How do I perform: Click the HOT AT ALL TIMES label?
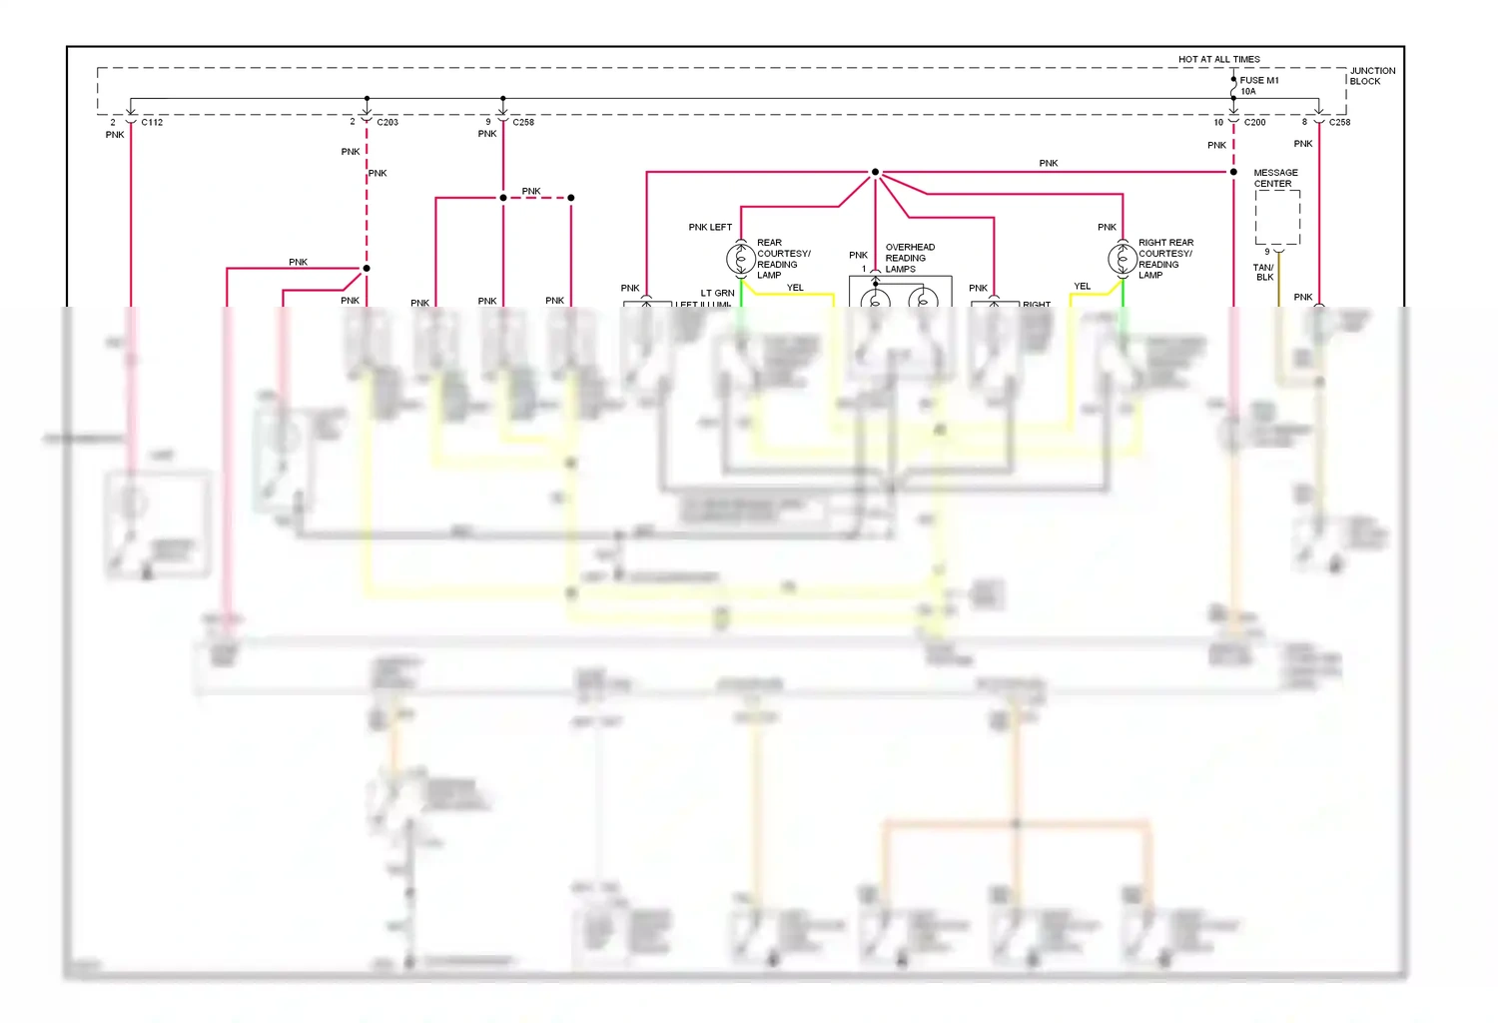pyautogui.click(x=1218, y=59)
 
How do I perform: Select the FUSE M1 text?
pyautogui.click(x=1258, y=80)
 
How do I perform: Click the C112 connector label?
pyautogui.click(x=152, y=122)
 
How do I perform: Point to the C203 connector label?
pyautogui.click(x=387, y=122)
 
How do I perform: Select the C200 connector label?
pyautogui.click(x=1254, y=122)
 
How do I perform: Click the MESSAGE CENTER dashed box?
pyautogui.click(x=1277, y=218)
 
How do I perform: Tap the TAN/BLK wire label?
pyautogui.click(x=1263, y=272)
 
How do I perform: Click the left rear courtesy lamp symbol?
pyautogui.click(x=740, y=259)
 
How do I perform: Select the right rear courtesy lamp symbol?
pyautogui.click(x=1122, y=259)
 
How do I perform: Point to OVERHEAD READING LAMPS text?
pyautogui.click(x=909, y=258)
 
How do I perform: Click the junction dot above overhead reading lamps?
pyautogui.click(x=875, y=172)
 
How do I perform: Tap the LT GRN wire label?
pyautogui.click(x=717, y=293)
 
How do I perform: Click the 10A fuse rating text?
pyautogui.click(x=1248, y=91)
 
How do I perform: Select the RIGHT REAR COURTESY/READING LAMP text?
pyautogui.click(x=1165, y=259)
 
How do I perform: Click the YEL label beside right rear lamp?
pyautogui.click(x=1082, y=286)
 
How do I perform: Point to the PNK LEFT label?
pyautogui.click(x=710, y=227)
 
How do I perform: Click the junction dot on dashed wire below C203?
pyautogui.click(x=367, y=268)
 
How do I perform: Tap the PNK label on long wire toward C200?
pyautogui.click(x=1048, y=163)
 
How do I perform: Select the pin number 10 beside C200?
pyautogui.click(x=1217, y=122)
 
